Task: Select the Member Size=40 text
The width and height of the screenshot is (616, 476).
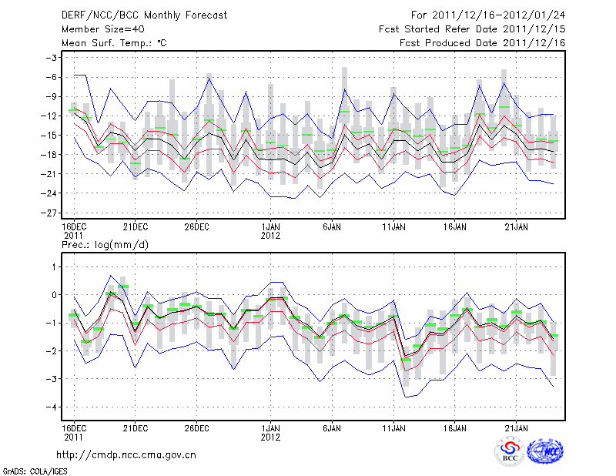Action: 95,29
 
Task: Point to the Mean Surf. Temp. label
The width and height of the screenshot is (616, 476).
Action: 113,43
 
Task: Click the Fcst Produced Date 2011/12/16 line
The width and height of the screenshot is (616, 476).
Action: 483,43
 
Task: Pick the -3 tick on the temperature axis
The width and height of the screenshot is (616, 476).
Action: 53,58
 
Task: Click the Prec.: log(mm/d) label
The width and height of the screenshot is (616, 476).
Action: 103,244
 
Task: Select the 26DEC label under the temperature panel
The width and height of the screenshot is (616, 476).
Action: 197,227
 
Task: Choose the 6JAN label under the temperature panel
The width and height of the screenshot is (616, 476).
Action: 332,227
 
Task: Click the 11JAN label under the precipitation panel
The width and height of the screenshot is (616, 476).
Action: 393,427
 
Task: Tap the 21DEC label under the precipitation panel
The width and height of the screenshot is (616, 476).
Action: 135,427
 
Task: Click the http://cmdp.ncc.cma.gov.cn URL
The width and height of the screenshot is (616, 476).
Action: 126,455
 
